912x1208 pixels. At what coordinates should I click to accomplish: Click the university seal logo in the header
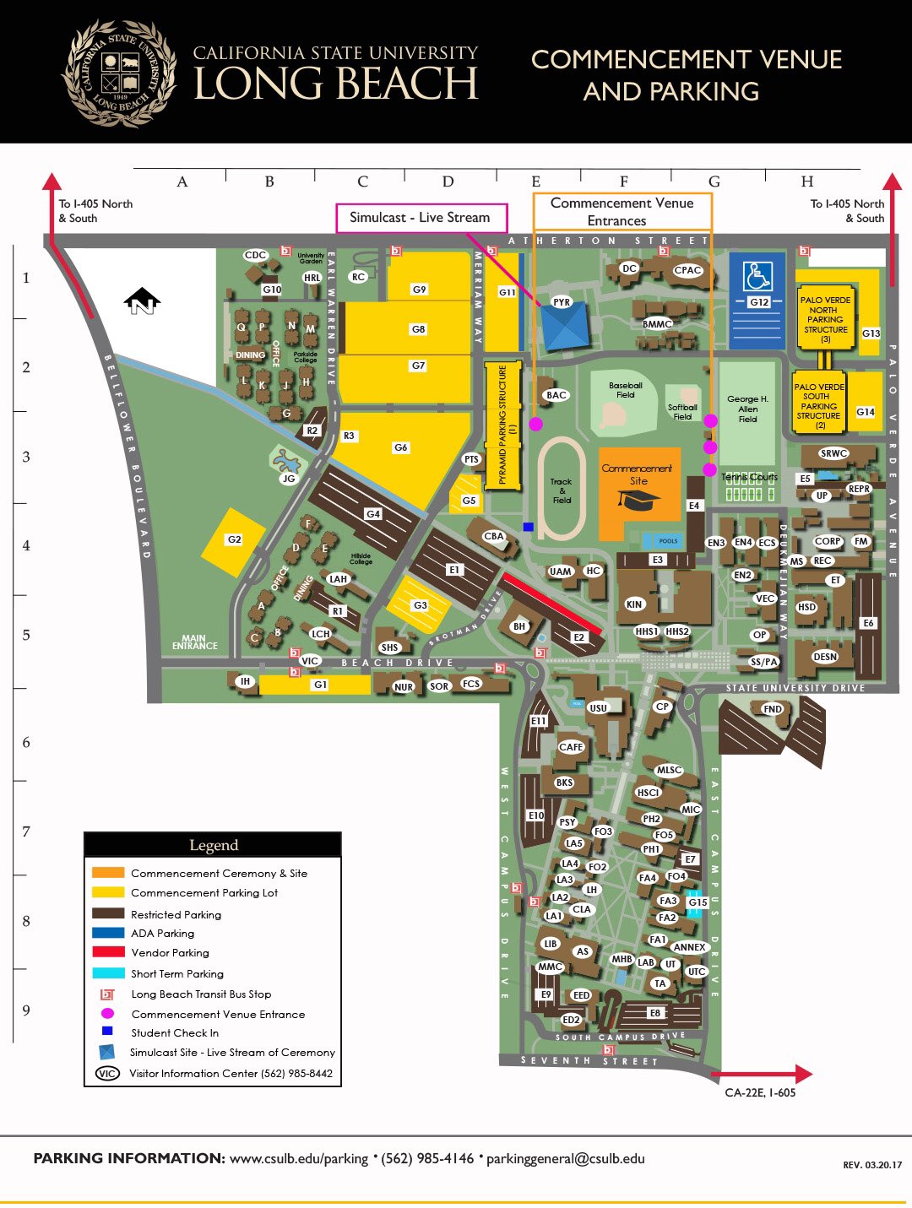[x=120, y=74]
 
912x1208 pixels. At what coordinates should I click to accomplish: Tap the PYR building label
[x=562, y=301]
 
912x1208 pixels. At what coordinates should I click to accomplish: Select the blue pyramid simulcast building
[x=564, y=327]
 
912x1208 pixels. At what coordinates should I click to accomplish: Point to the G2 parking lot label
[x=234, y=539]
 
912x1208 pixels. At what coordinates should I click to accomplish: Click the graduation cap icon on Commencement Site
[x=638, y=500]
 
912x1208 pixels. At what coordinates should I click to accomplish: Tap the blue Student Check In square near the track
[x=528, y=526]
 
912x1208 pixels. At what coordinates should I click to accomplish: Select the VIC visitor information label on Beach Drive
[x=310, y=661]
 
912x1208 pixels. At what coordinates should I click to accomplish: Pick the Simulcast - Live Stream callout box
[x=421, y=218]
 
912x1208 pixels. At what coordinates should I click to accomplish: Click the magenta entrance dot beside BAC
[x=535, y=424]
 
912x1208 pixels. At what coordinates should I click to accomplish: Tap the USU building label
[x=598, y=708]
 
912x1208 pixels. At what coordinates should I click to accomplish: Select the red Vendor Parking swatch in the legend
[x=108, y=952]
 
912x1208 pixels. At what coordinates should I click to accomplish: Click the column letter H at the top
[x=807, y=181]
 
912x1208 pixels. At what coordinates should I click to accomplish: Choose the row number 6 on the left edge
[x=26, y=742]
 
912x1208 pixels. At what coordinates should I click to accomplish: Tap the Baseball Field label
[x=626, y=390]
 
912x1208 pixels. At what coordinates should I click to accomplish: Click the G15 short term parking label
[x=698, y=902]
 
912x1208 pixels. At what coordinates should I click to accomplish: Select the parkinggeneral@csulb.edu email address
[x=565, y=1158]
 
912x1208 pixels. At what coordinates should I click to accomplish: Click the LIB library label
[x=551, y=944]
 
